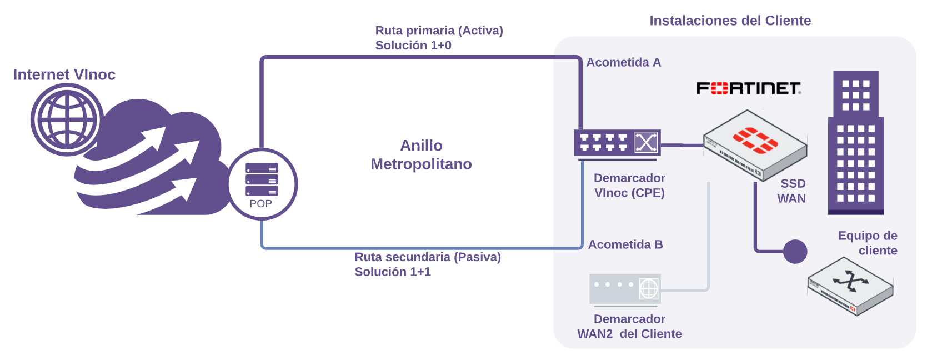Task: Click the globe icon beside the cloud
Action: click(67, 119)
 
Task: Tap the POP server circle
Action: click(262, 184)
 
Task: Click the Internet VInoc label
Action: click(64, 74)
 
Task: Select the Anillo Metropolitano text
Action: click(421, 154)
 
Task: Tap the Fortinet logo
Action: click(748, 88)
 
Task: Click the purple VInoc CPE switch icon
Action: click(617, 143)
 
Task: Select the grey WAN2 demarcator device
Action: click(625, 288)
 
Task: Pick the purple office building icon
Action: click(855, 143)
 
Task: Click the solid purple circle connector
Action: click(795, 252)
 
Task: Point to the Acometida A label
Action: click(623, 62)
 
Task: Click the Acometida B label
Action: click(625, 244)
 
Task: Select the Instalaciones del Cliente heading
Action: click(730, 21)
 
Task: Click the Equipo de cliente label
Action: click(868, 243)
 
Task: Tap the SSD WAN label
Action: click(792, 191)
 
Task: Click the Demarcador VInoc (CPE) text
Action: click(629, 185)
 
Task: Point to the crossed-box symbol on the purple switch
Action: click(646, 143)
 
